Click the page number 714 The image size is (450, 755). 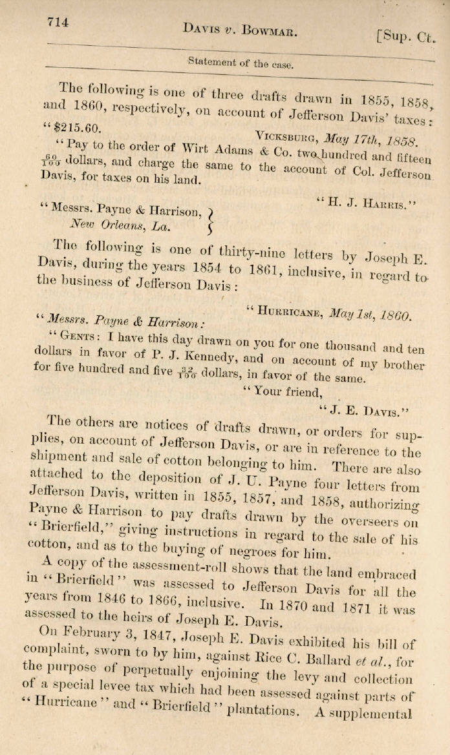pyautogui.click(x=58, y=22)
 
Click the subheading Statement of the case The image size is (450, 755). pyautogui.click(x=240, y=63)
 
